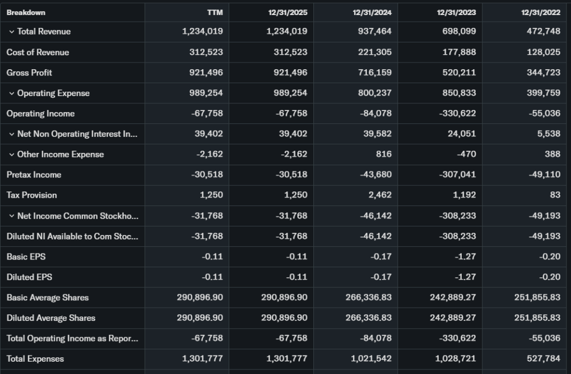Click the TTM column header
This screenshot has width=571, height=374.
215,12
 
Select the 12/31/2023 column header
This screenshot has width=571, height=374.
457,12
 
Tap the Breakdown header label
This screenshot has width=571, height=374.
26,12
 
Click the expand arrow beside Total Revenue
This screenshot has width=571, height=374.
11,32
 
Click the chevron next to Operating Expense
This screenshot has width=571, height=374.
11,93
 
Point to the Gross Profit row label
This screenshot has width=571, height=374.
29,73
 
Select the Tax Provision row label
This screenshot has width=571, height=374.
32,195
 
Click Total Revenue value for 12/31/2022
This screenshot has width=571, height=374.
543,31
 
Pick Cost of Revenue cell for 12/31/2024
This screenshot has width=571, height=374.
374,52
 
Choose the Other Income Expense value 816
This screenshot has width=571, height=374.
384,154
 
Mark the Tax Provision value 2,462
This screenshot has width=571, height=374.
379,195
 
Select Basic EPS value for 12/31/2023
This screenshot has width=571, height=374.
466,257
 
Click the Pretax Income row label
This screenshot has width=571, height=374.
34,175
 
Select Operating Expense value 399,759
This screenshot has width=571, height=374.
543,93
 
